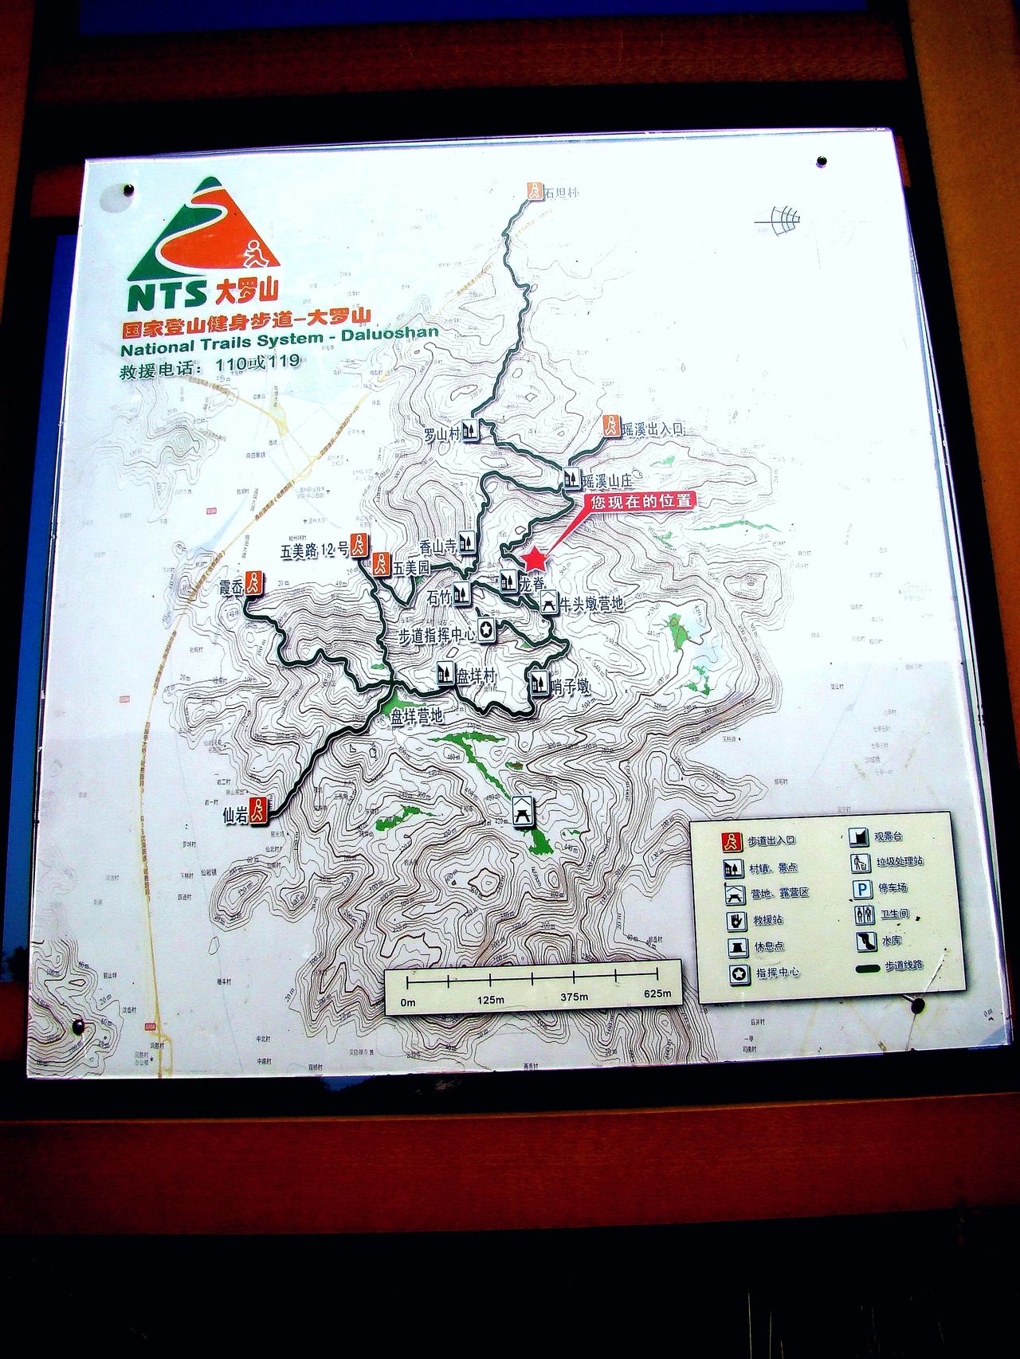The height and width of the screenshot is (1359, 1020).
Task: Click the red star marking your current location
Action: coord(535,559)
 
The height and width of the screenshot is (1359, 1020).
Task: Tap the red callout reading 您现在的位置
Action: coord(641,501)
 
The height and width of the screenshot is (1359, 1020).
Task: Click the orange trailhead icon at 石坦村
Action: coord(534,191)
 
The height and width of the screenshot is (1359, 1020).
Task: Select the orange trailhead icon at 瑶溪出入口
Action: coord(610,425)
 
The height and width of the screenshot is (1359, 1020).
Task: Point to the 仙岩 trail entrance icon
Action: coord(257,811)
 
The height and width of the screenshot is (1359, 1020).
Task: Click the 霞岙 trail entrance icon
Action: coord(253,583)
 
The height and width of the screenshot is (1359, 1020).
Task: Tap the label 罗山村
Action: coord(442,434)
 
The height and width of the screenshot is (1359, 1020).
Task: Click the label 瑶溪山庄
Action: coord(607,481)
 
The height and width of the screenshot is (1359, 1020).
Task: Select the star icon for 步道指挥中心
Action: coord(486,630)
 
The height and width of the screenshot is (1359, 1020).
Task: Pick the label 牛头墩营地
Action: coord(592,604)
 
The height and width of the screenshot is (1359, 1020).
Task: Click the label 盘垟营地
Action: coord(416,716)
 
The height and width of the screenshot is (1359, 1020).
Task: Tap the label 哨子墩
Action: coord(570,686)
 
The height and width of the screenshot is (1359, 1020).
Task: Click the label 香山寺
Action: coord(437,546)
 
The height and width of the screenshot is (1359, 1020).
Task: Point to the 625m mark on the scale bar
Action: coord(657,993)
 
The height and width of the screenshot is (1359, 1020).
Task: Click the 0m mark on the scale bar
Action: coord(408,1001)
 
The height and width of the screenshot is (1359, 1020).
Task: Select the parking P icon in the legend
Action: coord(861,889)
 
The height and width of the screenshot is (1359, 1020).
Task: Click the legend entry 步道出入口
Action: coord(771,840)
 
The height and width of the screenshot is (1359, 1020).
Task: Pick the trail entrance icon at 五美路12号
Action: coord(360,546)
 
